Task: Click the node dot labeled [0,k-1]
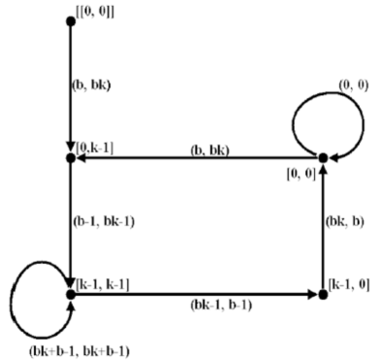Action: (x=71, y=156)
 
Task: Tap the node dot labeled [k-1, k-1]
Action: (x=71, y=291)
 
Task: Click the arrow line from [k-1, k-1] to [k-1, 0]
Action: (x=194, y=291)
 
